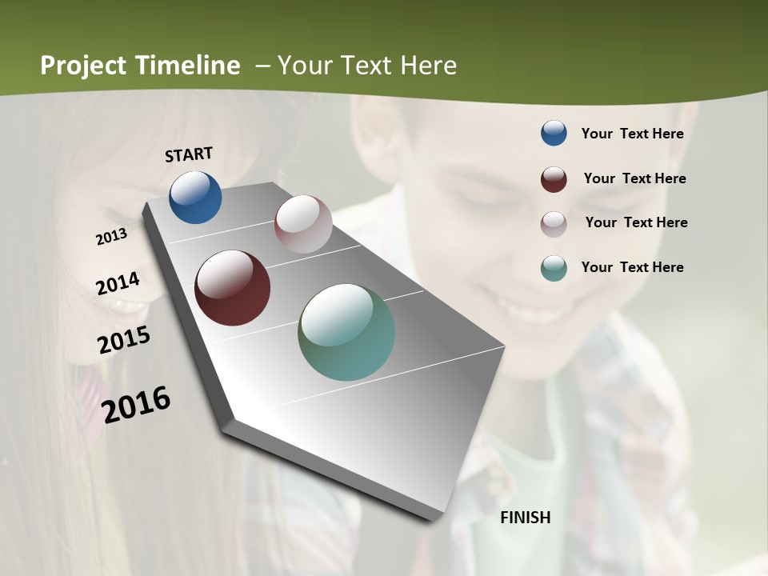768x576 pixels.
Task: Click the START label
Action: [189, 154]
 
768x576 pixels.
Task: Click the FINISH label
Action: [526, 518]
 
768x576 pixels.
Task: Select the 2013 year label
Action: [112, 237]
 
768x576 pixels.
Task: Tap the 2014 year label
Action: [118, 284]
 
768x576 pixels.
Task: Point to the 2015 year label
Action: [124, 340]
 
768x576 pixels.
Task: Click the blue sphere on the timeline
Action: [195, 197]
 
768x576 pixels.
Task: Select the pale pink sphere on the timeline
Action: [303, 224]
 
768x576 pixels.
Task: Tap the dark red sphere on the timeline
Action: [232, 288]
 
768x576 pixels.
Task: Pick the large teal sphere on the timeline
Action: [346, 332]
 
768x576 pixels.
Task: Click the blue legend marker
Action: [554, 134]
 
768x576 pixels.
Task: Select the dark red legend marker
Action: [554, 179]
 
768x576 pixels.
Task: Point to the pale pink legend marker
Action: [554, 223]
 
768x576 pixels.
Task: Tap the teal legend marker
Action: [554, 268]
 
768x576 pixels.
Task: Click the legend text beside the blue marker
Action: [632, 134]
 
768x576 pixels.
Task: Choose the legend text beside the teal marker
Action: [632, 267]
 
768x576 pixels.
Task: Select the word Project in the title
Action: [84, 66]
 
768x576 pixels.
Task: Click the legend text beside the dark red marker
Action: [634, 178]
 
